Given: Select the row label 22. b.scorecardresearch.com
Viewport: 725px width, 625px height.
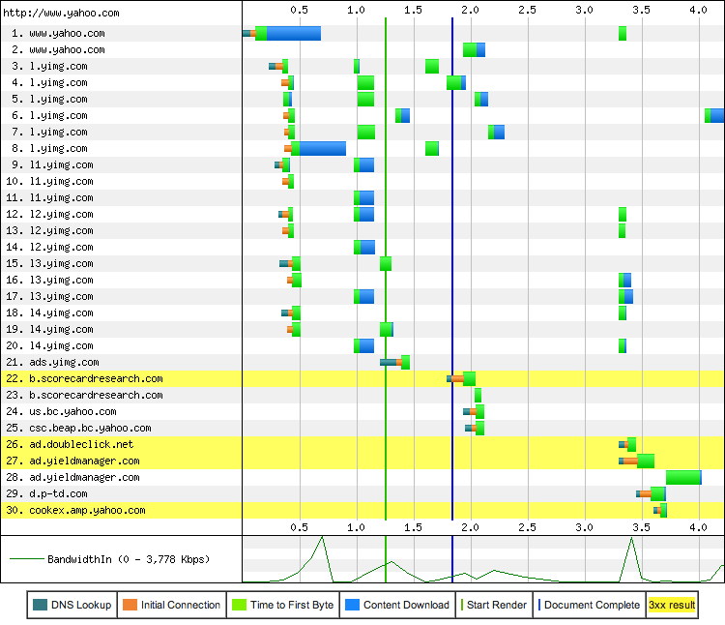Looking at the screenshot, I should click(x=96, y=378).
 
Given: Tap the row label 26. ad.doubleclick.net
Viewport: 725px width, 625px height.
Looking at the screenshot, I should click(x=81, y=444).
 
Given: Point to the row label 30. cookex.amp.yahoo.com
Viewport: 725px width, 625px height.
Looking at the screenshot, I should click(x=87, y=510).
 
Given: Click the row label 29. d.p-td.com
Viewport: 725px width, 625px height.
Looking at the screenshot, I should click(x=58, y=493).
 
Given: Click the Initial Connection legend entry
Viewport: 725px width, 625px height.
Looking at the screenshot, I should click(x=172, y=605).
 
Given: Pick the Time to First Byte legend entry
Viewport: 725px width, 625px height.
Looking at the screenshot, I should click(x=282, y=605).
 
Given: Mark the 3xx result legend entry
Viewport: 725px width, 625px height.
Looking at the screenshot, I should click(x=671, y=605).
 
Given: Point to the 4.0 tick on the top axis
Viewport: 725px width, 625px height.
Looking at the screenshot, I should click(x=698, y=9).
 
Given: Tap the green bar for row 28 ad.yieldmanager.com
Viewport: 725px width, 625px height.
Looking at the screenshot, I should click(x=682, y=477).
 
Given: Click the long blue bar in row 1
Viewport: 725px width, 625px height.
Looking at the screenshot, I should click(x=293, y=33).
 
